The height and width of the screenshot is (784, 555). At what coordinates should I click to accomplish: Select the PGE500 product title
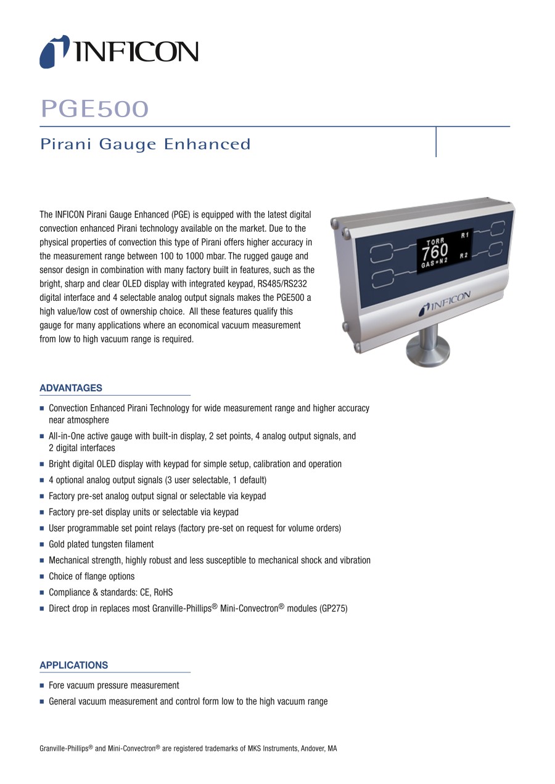94,109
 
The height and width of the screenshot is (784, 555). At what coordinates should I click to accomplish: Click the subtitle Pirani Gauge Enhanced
146,144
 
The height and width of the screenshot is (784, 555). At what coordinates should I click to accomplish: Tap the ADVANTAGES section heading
71,388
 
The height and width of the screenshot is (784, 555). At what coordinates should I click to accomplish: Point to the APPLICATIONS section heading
73,665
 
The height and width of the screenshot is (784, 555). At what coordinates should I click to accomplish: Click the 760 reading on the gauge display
435,251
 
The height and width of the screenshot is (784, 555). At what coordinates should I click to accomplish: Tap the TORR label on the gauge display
435,241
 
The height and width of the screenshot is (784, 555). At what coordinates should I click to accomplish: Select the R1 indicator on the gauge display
464,235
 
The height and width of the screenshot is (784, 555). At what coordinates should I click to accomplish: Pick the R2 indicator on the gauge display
464,255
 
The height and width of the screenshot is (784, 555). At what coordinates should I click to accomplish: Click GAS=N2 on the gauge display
435,263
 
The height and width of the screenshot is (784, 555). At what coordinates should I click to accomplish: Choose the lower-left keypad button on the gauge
383,277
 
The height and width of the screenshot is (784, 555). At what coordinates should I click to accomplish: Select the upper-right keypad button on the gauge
498,230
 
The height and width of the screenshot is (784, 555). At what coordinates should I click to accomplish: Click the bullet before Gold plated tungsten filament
42,545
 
